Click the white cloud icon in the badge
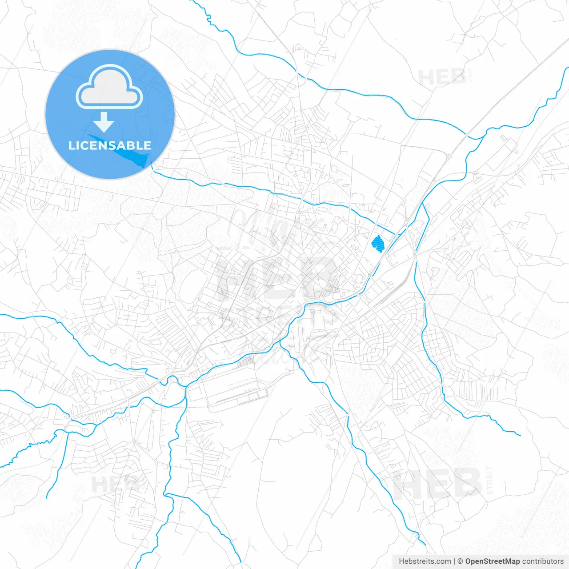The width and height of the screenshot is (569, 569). (x=109, y=88)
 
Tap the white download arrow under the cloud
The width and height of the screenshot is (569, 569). (x=104, y=122)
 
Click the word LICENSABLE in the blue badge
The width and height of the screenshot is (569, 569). (x=110, y=145)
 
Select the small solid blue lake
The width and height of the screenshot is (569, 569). (x=378, y=244)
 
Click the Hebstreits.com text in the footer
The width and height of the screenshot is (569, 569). (x=425, y=561)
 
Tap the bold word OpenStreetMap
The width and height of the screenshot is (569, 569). (x=492, y=561)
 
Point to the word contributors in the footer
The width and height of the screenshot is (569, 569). (x=543, y=561)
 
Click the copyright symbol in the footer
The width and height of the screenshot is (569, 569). (x=461, y=561)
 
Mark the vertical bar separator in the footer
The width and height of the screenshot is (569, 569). (x=454, y=561)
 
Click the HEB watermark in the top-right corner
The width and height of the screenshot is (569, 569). (x=442, y=77)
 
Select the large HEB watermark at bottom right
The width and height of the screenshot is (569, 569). (x=437, y=484)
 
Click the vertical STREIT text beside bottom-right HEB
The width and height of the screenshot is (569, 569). (x=490, y=480)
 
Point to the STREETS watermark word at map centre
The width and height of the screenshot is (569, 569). (x=280, y=317)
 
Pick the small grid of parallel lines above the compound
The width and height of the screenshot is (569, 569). (x=246, y=363)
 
